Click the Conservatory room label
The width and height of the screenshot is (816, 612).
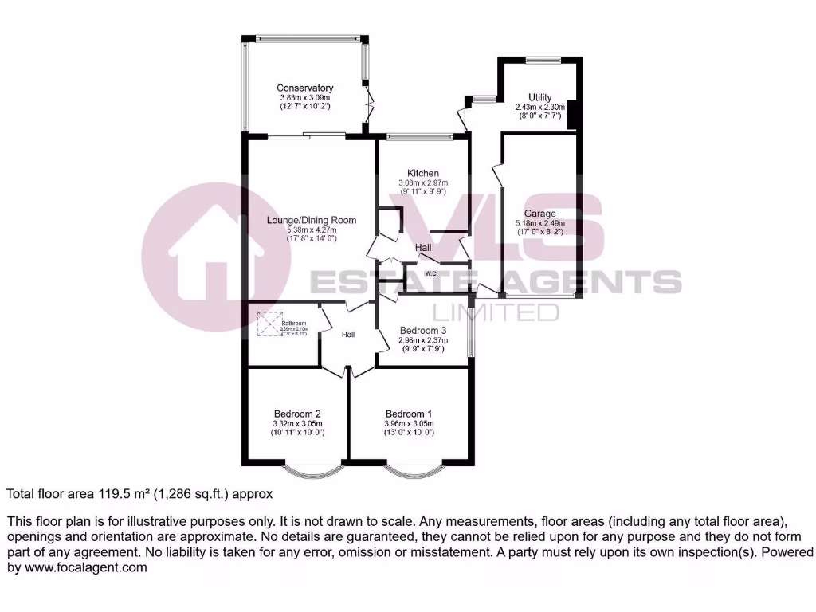[304, 88]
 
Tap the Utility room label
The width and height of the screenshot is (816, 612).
[539, 97]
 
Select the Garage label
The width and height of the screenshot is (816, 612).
[539, 214]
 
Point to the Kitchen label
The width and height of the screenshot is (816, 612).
[423, 173]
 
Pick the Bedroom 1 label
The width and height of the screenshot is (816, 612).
[409, 414]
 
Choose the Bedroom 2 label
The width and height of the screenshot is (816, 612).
[297, 414]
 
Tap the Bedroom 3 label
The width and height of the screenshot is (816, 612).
[422, 330]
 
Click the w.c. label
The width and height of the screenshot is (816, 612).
[431, 273]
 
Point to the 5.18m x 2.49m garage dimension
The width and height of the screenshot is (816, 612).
[539, 223]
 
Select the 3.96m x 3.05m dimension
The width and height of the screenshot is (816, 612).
[409, 423]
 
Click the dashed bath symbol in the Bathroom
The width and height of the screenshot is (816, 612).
[270, 324]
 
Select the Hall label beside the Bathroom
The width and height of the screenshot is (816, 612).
[348, 335]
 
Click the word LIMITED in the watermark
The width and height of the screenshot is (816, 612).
[494, 311]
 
